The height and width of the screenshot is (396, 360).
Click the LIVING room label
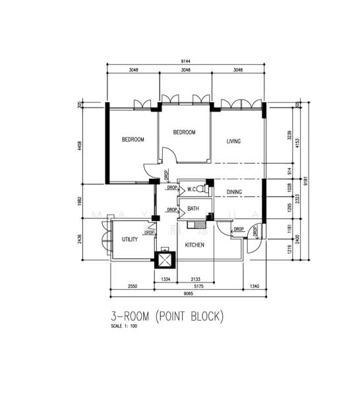(233, 141)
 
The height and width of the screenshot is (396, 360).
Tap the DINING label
(234, 193)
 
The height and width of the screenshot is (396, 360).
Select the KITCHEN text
(195, 245)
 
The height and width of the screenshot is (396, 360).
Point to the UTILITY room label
(130, 240)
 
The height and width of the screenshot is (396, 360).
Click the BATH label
(193, 209)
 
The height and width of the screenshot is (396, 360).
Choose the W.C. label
(193, 189)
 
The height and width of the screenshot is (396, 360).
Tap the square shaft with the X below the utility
(163, 259)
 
